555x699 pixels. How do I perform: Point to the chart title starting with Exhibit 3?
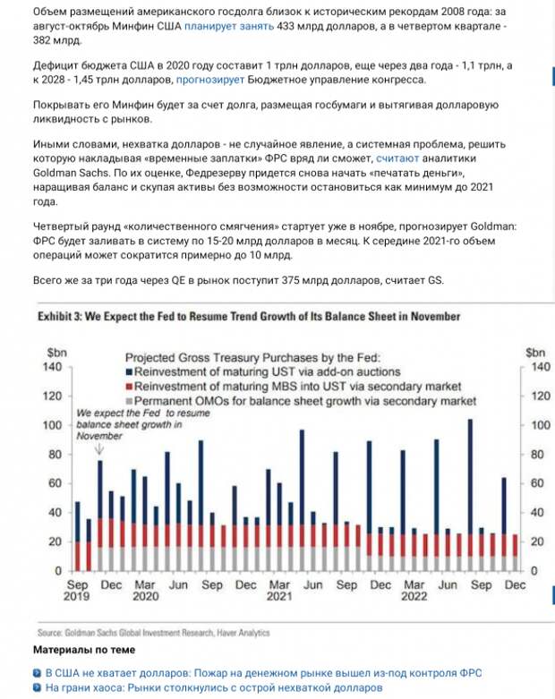coord(248,316)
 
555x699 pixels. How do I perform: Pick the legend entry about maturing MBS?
coord(305,386)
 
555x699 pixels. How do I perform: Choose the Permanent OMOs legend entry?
coord(304,401)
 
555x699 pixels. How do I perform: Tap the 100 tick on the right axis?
coord(536,425)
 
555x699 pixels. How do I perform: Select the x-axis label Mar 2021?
coord(281,590)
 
